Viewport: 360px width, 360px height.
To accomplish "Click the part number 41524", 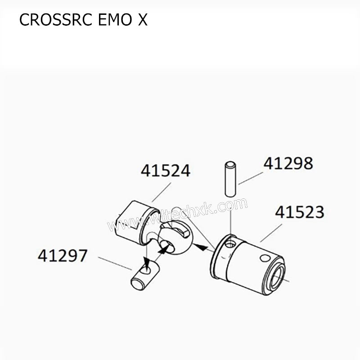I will tap(165, 171).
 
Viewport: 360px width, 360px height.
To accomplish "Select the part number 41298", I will tap(288, 163).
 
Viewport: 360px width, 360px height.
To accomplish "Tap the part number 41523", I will tap(299, 212).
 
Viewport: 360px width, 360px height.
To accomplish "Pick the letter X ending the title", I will tap(142, 20).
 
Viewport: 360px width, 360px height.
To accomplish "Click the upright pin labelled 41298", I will tap(230, 179).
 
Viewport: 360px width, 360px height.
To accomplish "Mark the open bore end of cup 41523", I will tap(275, 277).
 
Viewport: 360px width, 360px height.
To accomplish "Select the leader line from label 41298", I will tap(251, 178).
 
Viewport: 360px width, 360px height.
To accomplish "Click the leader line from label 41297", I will tap(115, 264).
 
